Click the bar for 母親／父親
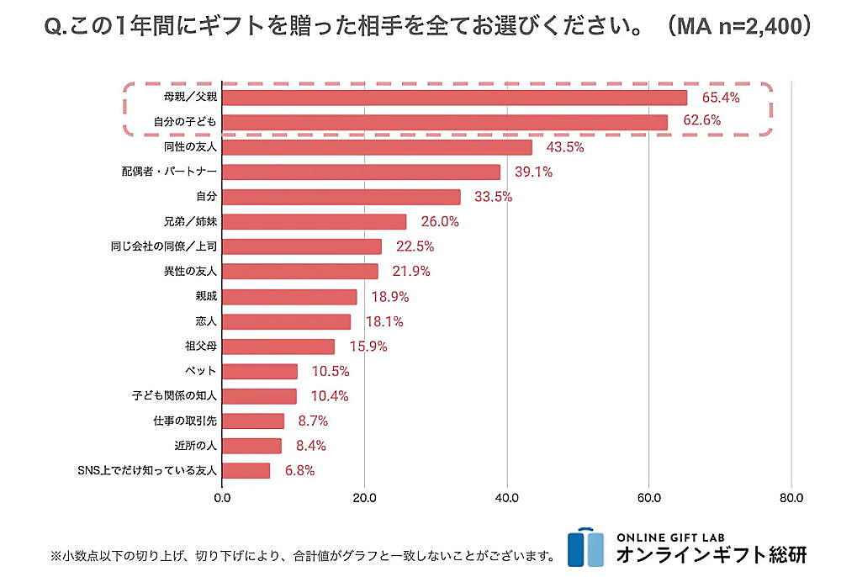(x=454, y=98)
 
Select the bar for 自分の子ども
(x=445, y=122)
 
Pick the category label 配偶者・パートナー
(x=169, y=172)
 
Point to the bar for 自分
(x=341, y=197)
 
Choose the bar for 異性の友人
(x=300, y=271)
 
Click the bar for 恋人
(x=287, y=321)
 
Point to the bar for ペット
(x=260, y=371)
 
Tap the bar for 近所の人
(x=252, y=446)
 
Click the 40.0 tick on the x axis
(x=506, y=498)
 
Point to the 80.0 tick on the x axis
(x=791, y=498)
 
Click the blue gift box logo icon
(x=585, y=548)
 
